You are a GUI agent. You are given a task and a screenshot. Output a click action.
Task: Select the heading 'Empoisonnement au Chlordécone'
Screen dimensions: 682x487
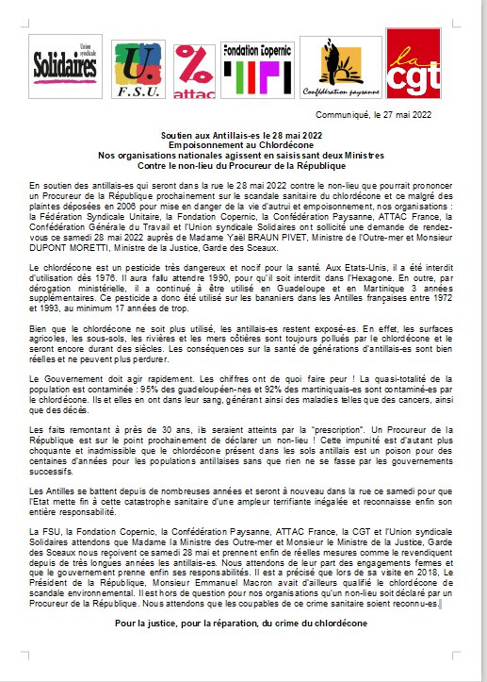point(243,144)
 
